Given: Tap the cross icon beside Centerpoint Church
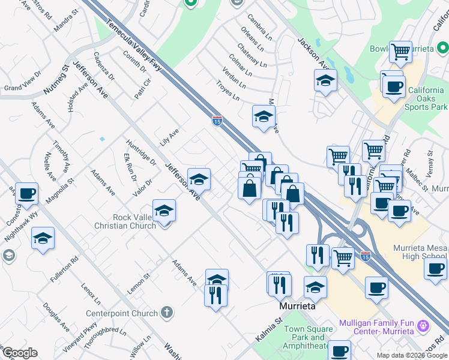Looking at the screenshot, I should tap(167, 313).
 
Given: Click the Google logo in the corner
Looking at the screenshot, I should tap(20, 353).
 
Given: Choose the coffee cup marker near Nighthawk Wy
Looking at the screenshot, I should tap(26, 193).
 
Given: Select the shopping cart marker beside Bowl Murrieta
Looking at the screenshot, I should tap(400, 52).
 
